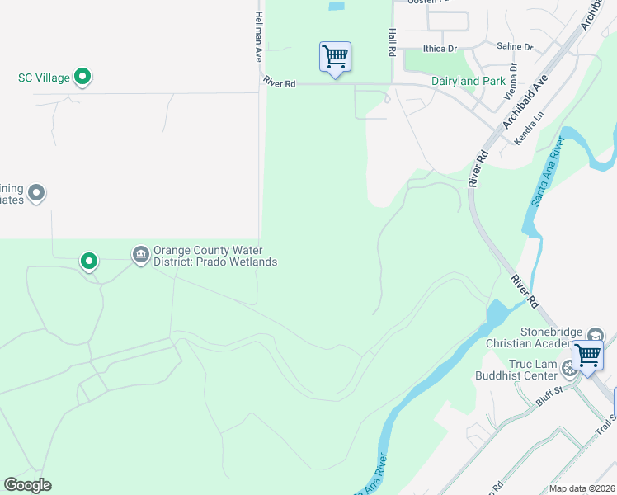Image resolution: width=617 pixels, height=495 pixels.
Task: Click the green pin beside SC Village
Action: point(82,78)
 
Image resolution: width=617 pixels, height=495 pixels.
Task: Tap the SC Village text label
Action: point(45,78)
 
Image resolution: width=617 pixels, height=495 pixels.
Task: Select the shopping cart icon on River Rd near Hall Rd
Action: point(335,58)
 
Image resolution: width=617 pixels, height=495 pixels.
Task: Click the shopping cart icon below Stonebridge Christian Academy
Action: point(587,356)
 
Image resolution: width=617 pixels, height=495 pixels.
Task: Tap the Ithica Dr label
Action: point(440,49)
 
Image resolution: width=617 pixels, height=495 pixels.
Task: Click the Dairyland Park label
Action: point(468,82)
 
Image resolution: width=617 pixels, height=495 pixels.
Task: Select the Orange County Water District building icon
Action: point(140,252)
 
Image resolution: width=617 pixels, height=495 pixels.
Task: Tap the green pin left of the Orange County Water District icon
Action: point(89,262)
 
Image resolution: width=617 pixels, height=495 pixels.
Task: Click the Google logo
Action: point(27,485)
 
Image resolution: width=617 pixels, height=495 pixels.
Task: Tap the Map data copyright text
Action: point(582,488)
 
